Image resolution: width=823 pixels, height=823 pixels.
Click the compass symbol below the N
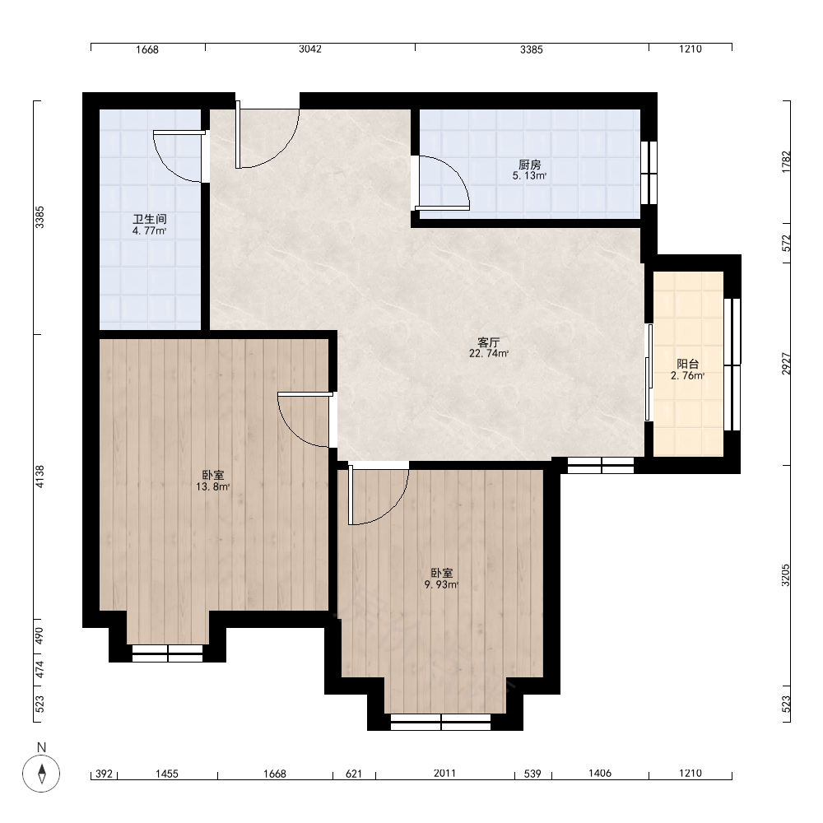[41, 773]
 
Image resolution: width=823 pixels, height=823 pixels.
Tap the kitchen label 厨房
[529, 165]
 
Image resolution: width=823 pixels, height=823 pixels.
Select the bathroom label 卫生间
[150, 220]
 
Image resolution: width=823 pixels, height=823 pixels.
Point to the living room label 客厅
[489, 342]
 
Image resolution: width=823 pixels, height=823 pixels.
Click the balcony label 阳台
[687, 365]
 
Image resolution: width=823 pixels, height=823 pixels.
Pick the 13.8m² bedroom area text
[213, 486]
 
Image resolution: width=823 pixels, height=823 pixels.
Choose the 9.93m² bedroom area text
[442, 584]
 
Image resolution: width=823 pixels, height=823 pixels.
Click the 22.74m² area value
[489, 353]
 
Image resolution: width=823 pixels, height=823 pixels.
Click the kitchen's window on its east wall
[649, 173]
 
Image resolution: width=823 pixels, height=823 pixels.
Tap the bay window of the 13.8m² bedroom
[167, 653]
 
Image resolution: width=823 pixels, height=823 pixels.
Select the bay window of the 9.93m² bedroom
[441, 723]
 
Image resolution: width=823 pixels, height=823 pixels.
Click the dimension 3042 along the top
[310, 49]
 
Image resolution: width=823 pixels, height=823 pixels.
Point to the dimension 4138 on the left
[40, 477]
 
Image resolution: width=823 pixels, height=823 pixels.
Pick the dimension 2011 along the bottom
[444, 773]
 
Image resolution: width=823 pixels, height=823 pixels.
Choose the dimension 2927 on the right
[786, 364]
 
